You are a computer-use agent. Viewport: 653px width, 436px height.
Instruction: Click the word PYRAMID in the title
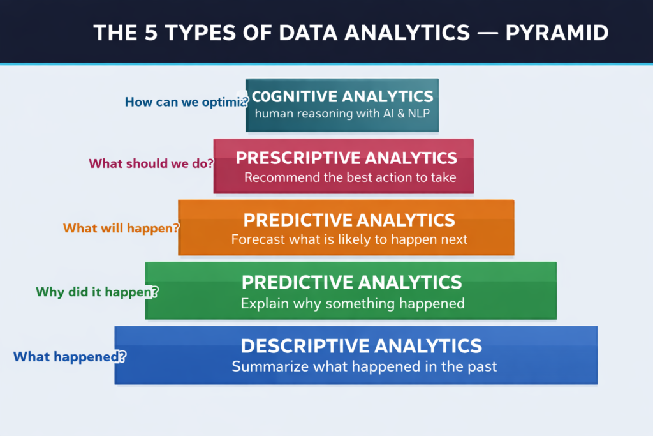[557, 33]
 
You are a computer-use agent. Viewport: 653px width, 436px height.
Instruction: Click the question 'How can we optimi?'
[185, 101]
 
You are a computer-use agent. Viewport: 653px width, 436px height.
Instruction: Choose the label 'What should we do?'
[151, 163]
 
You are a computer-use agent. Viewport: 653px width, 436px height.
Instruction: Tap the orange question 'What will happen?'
[121, 227]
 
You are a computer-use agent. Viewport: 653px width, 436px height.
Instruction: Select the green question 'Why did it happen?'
[97, 292]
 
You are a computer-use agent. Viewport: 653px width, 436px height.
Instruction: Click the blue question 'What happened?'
[69, 356]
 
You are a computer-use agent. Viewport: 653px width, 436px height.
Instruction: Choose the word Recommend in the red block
[277, 177]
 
